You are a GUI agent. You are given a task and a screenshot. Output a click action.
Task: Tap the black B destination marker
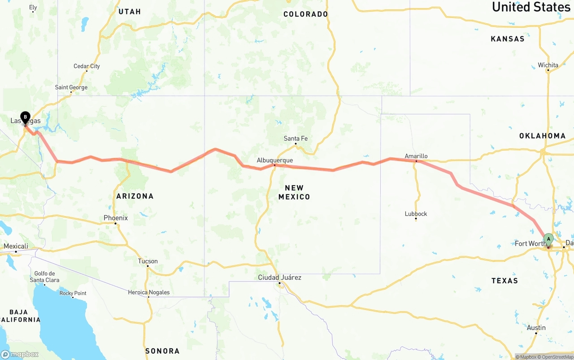pyautogui.click(x=25, y=117)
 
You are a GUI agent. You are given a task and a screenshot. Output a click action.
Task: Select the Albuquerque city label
pyautogui.click(x=274, y=160)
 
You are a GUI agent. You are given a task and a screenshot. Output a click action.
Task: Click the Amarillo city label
pyautogui.click(x=416, y=156)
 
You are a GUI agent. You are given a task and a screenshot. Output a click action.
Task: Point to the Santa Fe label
pyautogui.click(x=296, y=139)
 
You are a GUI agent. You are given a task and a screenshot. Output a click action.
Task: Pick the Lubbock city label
pyautogui.click(x=416, y=214)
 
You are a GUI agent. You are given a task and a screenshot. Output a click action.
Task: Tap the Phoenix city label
pyautogui.click(x=116, y=218)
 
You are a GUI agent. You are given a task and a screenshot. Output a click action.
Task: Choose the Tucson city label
pyautogui.click(x=148, y=261)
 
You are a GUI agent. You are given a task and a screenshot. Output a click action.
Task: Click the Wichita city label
pyautogui.click(x=548, y=65)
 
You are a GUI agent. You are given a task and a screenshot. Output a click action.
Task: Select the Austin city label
pyautogui.click(x=536, y=328)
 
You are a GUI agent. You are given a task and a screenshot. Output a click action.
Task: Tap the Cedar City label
pyautogui.click(x=87, y=66)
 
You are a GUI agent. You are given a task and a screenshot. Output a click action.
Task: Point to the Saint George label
pyautogui.click(x=71, y=87)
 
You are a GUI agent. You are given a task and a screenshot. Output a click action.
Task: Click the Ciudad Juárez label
pyautogui.click(x=279, y=278)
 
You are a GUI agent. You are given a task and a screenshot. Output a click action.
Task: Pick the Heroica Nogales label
pyautogui.click(x=149, y=292)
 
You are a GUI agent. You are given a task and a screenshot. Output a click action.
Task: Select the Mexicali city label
pyautogui.click(x=16, y=246)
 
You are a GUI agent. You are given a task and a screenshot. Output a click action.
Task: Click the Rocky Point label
pyautogui.click(x=73, y=293)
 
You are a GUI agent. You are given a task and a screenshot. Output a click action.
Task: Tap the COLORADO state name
pyautogui.click(x=305, y=14)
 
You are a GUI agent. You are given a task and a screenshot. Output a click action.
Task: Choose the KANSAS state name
pyautogui.click(x=508, y=39)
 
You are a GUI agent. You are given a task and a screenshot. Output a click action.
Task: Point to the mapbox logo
pyautogui.click(x=20, y=354)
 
